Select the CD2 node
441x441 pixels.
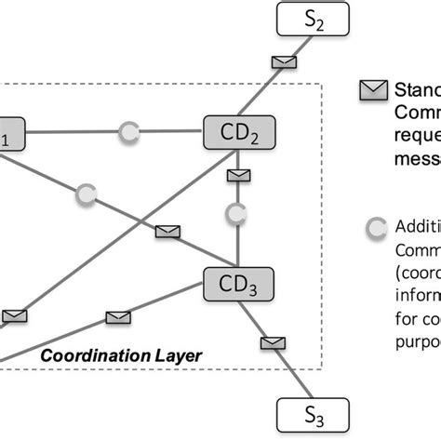tap(238, 133)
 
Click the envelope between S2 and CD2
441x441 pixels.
tap(283, 62)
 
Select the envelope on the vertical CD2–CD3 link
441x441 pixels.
tap(238, 175)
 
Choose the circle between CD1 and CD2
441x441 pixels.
tap(129, 134)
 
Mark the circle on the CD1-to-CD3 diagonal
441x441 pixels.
tap(86, 194)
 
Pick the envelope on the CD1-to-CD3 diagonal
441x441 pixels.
tap(167, 231)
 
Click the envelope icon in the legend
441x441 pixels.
tap(373, 90)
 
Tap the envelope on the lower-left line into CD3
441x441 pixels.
tap(117, 317)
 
